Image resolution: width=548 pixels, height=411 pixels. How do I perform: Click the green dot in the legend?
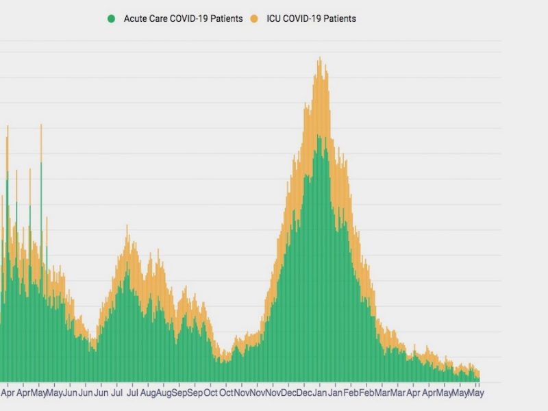pyautogui.click(x=111, y=19)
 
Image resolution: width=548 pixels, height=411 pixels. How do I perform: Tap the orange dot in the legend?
pyautogui.click(x=253, y=19)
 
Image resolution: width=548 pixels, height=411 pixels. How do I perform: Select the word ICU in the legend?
pyautogui.click(x=275, y=19)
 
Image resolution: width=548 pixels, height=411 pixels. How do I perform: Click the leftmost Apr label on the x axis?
pyautogui.click(x=8, y=394)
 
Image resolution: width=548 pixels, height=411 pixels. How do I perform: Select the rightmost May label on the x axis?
pyautogui.click(x=475, y=394)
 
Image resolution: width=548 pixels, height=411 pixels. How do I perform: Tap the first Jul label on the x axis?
pyautogui.click(x=116, y=394)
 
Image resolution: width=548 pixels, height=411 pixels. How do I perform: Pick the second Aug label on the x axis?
pyautogui.click(x=163, y=394)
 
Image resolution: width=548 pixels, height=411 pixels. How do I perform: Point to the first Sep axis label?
pyautogui.click(x=179, y=394)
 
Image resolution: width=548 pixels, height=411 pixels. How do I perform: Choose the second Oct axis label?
pyautogui.click(x=226, y=394)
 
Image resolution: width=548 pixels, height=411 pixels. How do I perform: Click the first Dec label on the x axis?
pyautogui.click(x=288, y=394)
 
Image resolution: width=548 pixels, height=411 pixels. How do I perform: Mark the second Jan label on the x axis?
pyautogui.click(x=335, y=394)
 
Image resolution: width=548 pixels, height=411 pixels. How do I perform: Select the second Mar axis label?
pyautogui.click(x=398, y=394)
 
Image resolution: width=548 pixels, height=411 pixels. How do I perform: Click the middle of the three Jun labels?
pyautogui.click(x=85, y=394)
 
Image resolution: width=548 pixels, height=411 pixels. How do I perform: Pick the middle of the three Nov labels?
pyautogui.click(x=258, y=394)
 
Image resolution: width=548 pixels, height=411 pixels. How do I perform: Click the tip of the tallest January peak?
pyautogui.click(x=319, y=58)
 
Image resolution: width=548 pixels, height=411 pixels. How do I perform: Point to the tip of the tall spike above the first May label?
pyautogui.click(x=41, y=124)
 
